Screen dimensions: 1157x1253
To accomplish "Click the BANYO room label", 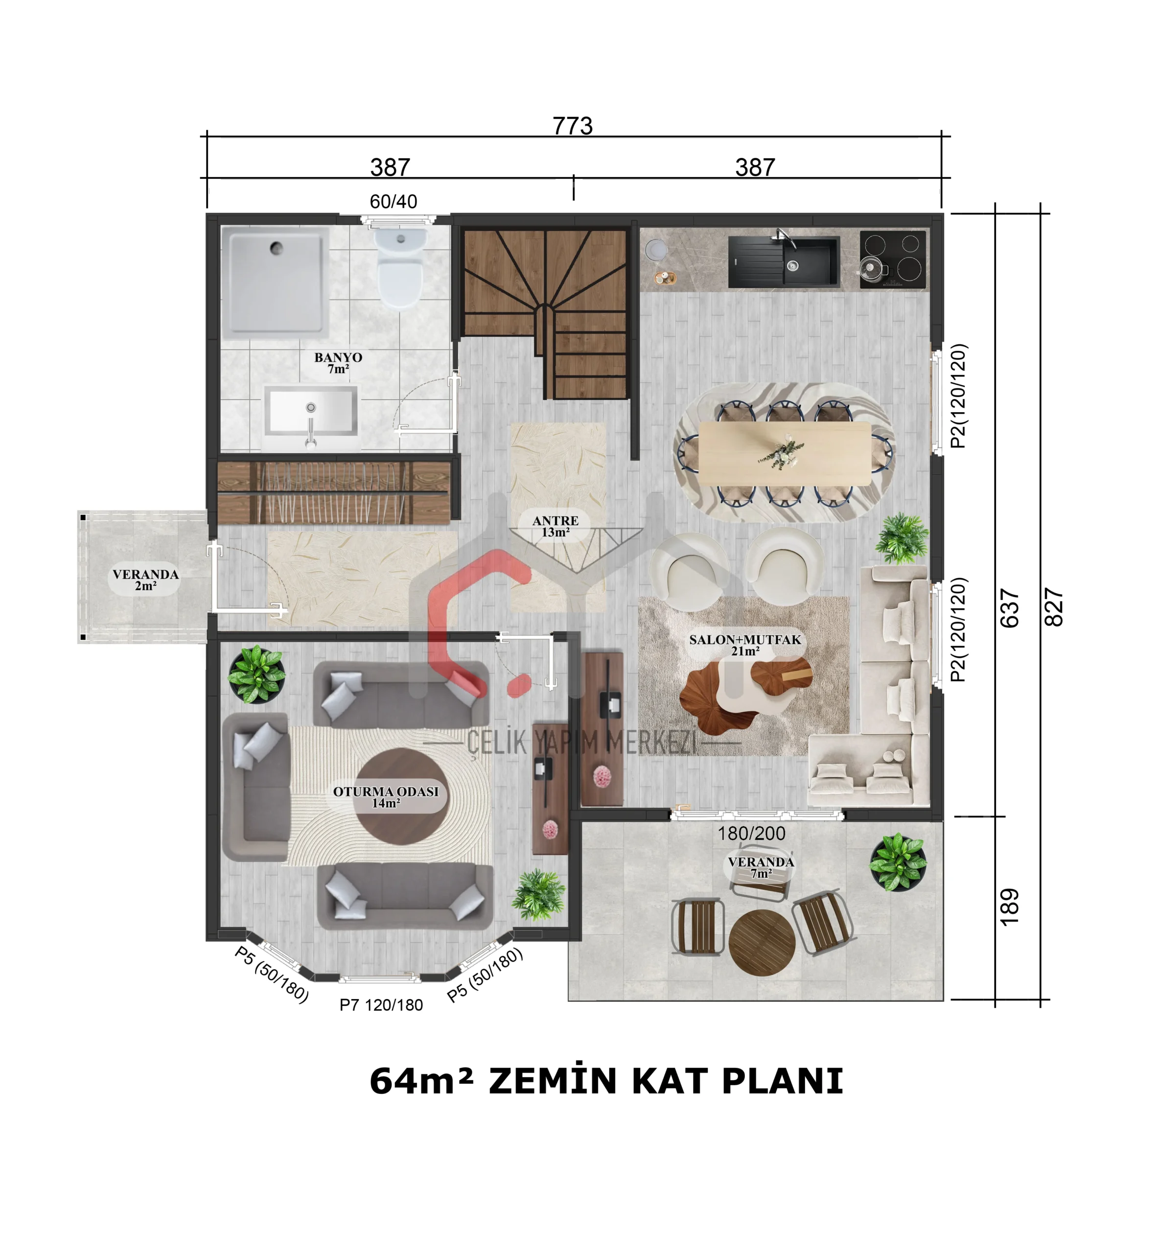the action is point(338,358).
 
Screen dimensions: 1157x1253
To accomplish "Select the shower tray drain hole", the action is point(276,249).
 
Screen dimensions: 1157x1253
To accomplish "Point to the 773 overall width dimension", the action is point(572,126).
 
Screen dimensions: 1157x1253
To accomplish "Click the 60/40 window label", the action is point(393,202).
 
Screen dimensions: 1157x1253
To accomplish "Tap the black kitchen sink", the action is point(783,262).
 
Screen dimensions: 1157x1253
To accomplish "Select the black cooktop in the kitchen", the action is point(892,260).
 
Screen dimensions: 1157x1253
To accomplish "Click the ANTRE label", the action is point(555,521).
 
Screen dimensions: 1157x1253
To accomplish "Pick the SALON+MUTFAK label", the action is point(745,640).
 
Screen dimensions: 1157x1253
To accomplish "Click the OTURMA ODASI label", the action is point(386,791).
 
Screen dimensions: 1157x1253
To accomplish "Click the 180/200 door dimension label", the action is point(751,834).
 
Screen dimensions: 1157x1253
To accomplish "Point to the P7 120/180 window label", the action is point(381,1005).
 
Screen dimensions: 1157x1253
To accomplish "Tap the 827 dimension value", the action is point(1054,607).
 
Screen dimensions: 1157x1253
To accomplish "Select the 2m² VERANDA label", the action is point(145,580).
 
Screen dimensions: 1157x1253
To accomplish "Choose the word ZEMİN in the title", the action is point(553,1081).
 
